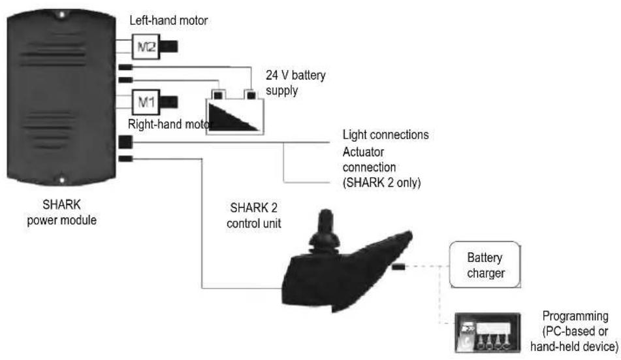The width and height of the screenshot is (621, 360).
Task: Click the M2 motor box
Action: click(146, 47)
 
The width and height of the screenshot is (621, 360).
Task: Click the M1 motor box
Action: click(146, 102)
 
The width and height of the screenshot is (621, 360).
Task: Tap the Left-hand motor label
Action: click(168, 20)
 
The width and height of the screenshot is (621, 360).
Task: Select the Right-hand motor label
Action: click(168, 124)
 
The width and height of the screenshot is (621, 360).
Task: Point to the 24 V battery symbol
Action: click(234, 112)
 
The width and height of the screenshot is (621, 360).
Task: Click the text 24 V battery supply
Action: click(295, 82)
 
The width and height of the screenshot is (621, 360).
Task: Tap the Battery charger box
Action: click(485, 265)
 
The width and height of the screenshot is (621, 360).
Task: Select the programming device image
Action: click(488, 333)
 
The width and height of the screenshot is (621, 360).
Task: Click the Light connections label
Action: click(385, 135)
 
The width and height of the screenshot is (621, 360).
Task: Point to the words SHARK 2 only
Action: click(382, 182)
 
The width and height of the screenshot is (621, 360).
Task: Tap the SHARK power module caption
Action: click(62, 212)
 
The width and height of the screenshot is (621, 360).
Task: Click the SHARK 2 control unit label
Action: click(254, 216)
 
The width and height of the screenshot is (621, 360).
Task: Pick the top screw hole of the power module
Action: click(62, 15)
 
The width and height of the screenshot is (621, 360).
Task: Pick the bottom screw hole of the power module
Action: click(62, 180)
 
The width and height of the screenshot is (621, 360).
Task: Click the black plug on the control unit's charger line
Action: click(398, 267)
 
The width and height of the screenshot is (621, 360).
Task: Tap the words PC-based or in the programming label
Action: click(576, 331)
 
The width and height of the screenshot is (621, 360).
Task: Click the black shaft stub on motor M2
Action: click(168, 46)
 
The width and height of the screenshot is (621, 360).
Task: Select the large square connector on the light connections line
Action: click(125, 142)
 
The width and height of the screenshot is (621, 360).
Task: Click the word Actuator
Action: click(363, 152)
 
